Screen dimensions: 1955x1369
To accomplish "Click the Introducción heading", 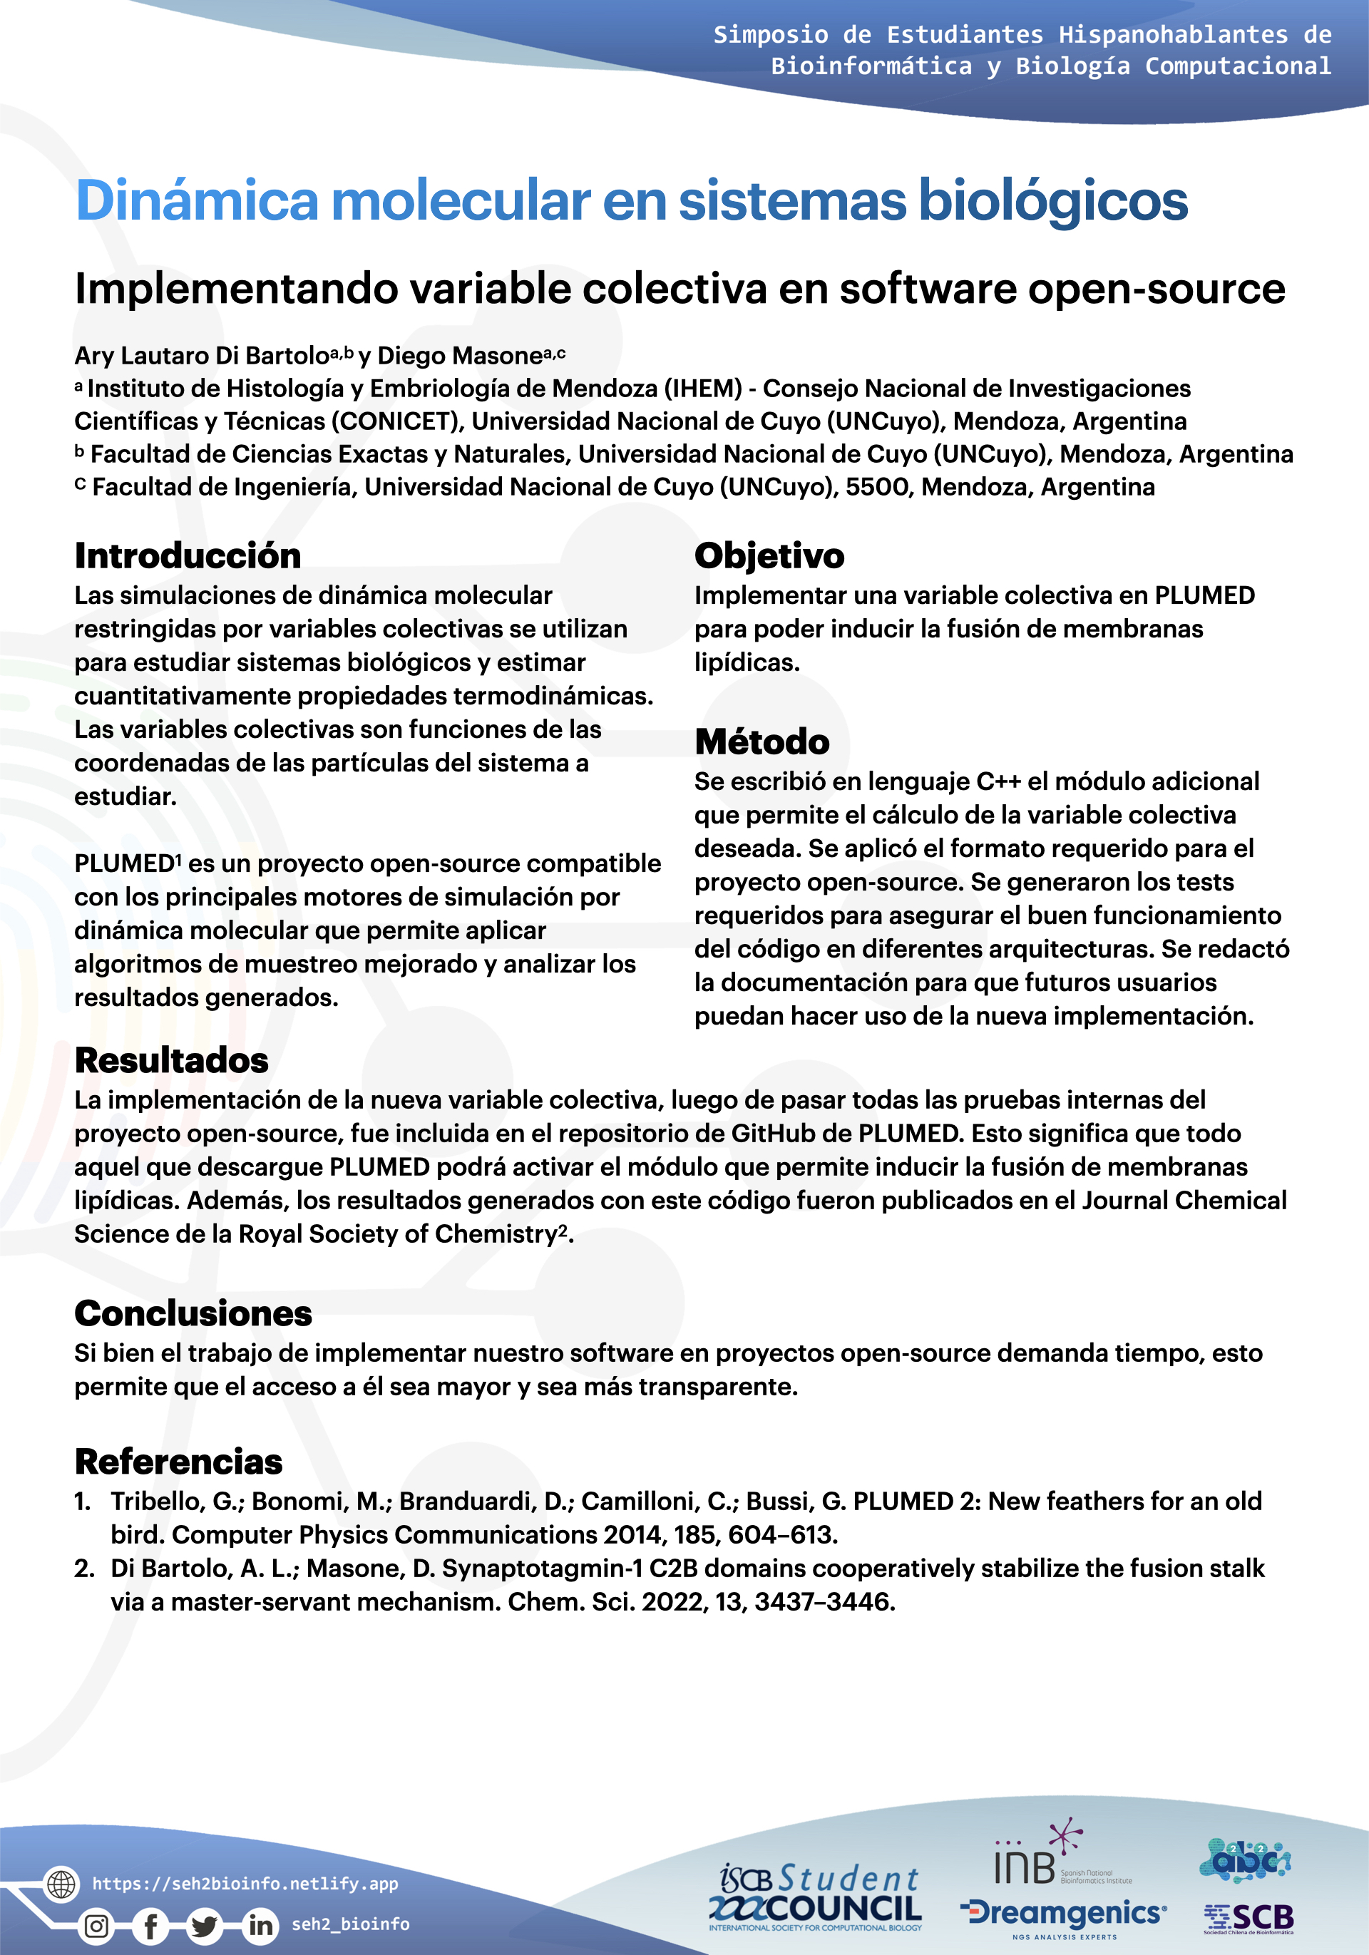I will pos(188,556).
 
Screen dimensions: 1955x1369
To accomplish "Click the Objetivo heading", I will pos(769,556).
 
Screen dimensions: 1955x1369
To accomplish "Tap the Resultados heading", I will pos(171,1061).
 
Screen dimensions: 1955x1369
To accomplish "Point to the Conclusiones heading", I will pos(193,1313).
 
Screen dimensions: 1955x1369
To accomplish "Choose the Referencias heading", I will pos(178,1461).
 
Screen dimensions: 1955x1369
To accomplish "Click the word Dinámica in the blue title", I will pos(197,201).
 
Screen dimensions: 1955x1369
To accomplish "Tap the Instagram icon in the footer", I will pos(96,1926).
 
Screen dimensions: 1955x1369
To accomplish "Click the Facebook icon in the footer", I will pos(150,1926).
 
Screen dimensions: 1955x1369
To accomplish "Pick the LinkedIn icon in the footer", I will pos(260,1926).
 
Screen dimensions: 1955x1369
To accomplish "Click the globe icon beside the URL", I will pos(61,1884).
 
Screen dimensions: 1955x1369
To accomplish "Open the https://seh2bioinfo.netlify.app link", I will pos(245,1884).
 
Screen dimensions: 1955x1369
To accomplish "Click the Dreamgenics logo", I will pos(1063,1914).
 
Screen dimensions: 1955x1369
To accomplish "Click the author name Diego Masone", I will pos(460,356).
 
